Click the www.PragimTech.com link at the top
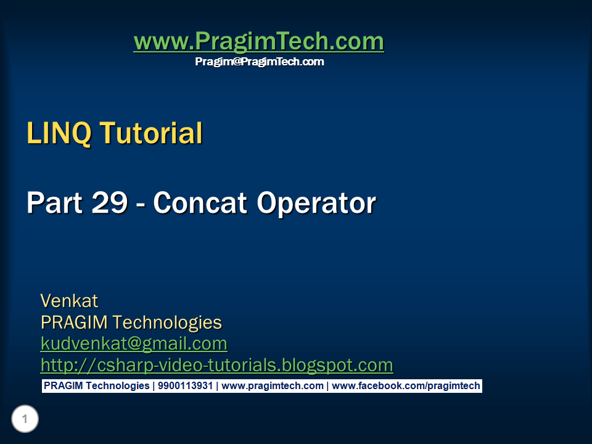click(259, 41)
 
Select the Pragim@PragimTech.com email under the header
click(260, 62)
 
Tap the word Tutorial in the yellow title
click(151, 133)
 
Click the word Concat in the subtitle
click(200, 203)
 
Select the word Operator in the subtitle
click(316, 204)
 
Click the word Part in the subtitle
click(55, 203)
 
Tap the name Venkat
click(69, 301)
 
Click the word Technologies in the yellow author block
click(167, 323)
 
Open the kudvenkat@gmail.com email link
click(134, 344)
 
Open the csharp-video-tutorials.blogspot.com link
click(216, 366)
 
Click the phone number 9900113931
click(185, 385)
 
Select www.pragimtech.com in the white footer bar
click(272, 386)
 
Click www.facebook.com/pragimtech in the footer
click(406, 386)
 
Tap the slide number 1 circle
click(25, 419)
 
